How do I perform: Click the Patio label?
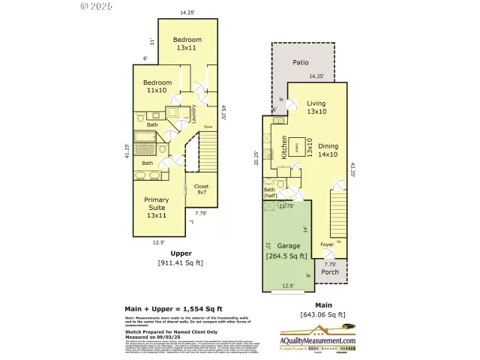301,62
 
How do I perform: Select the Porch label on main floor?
330,271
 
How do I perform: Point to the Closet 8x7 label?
202,190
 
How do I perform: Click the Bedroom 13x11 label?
187,43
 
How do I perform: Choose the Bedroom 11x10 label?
158,86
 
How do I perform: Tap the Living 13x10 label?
316,107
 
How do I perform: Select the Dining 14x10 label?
328,150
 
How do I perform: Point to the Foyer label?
327,244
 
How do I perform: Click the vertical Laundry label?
193,113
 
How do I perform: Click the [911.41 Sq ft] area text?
180,262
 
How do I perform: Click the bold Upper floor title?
180,253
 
